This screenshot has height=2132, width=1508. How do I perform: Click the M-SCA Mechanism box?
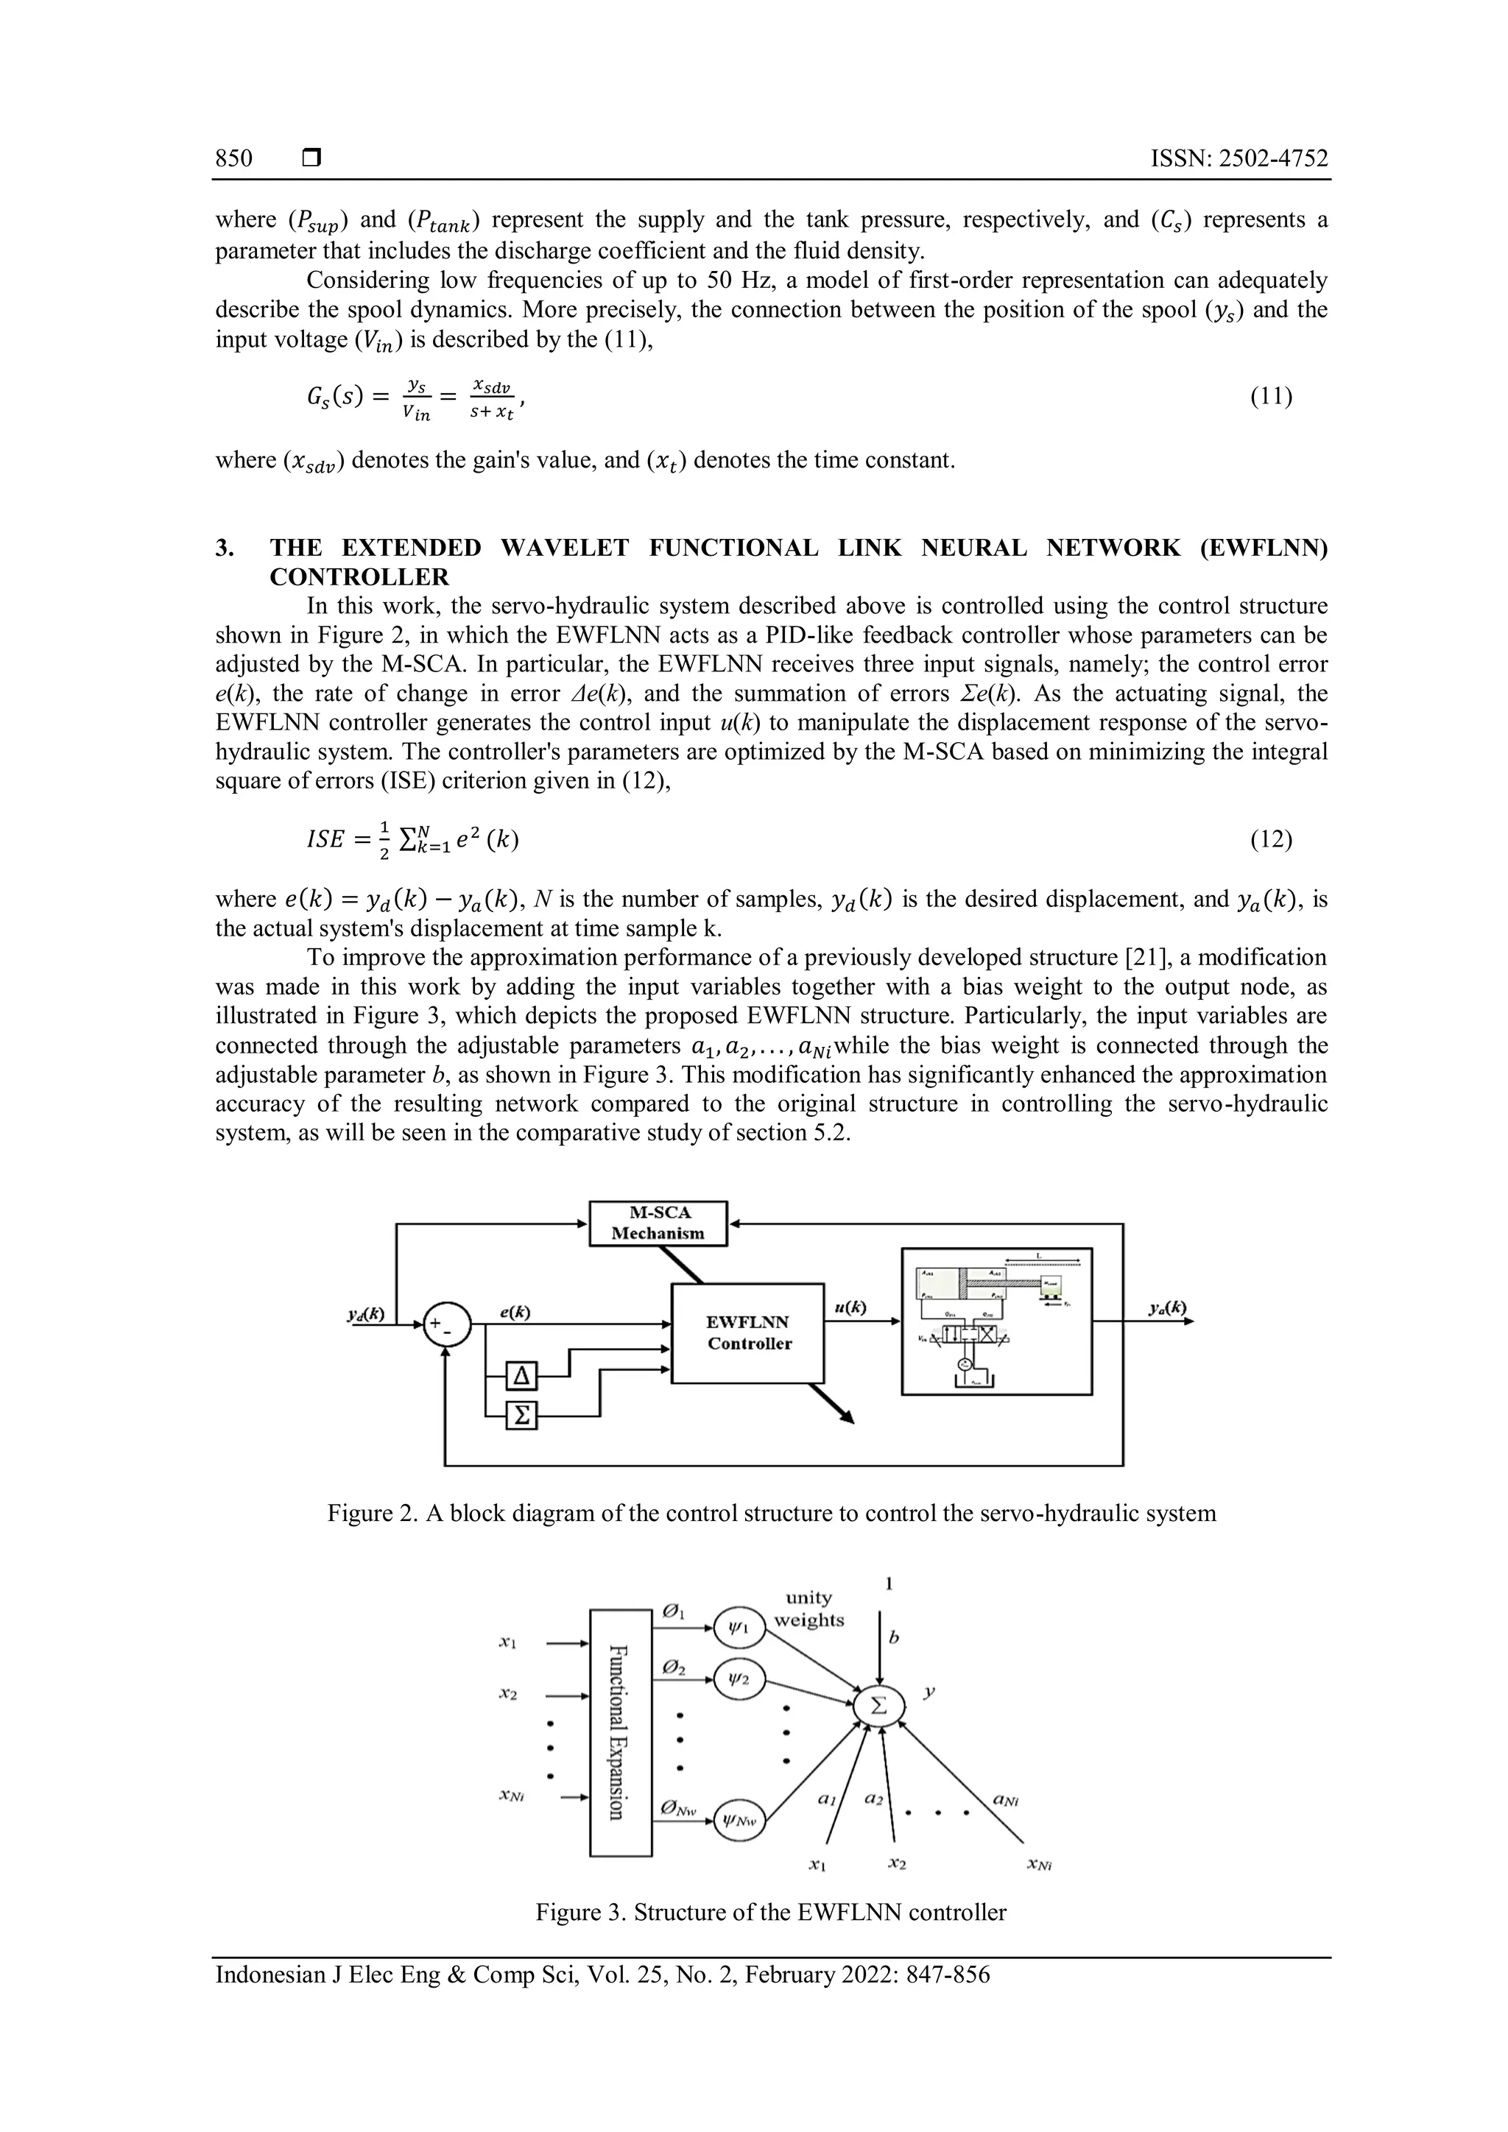(x=658, y=1223)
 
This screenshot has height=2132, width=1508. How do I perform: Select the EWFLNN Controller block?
(x=748, y=1332)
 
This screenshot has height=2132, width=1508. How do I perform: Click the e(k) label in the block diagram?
(x=515, y=1312)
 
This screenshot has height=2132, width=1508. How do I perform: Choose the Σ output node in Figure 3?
(x=879, y=1706)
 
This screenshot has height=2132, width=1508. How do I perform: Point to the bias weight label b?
(x=893, y=1639)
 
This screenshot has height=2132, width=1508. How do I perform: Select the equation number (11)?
(x=1270, y=397)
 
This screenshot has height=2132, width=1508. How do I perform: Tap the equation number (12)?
(x=1270, y=839)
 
